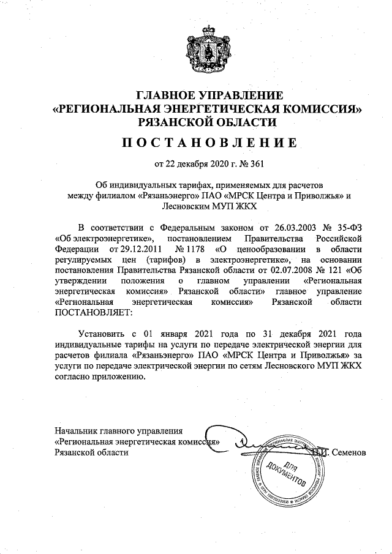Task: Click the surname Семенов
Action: click(348, 452)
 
